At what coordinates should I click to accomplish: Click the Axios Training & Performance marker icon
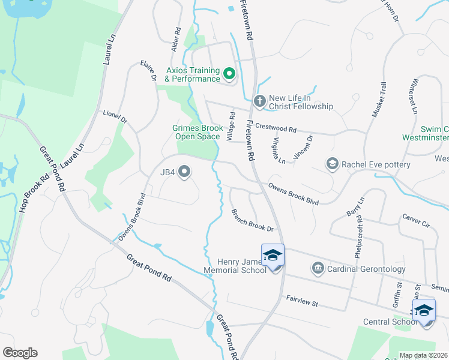click(x=229, y=74)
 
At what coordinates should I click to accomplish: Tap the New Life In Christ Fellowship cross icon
click(x=259, y=101)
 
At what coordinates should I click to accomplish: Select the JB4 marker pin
click(x=185, y=172)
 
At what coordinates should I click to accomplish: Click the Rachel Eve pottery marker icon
click(x=332, y=164)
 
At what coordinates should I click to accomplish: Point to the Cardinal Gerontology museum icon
click(x=318, y=269)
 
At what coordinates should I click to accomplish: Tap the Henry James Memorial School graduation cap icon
click(x=273, y=256)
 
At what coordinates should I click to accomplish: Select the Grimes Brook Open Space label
click(x=197, y=132)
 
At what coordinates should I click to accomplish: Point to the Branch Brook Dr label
click(x=252, y=221)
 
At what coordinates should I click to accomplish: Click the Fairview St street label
click(x=301, y=301)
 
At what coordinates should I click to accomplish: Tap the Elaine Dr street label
click(x=148, y=70)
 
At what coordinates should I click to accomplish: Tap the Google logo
click(x=20, y=353)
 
